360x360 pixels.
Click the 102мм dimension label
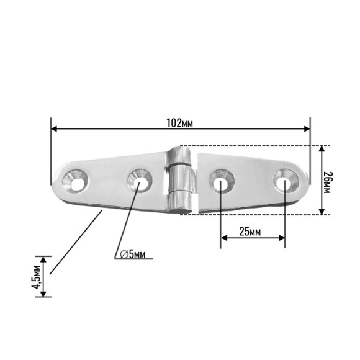pos(180,122)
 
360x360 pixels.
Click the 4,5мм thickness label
pos(37,276)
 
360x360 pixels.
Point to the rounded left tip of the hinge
pos(55,181)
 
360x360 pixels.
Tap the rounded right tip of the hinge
pos(306,180)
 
